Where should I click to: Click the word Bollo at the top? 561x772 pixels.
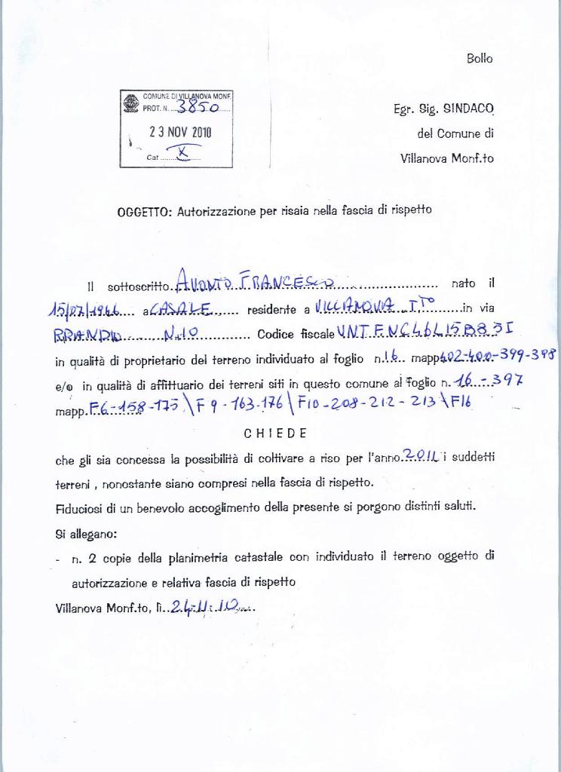tap(479, 58)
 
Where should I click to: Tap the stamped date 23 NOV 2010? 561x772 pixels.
tap(180, 131)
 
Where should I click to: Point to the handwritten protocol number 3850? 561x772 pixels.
tap(198, 108)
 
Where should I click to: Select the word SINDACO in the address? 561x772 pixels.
tap(468, 109)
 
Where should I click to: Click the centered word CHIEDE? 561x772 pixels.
tap(275, 433)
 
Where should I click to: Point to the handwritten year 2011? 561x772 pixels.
tap(422, 454)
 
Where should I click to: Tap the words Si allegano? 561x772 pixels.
tap(85, 534)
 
